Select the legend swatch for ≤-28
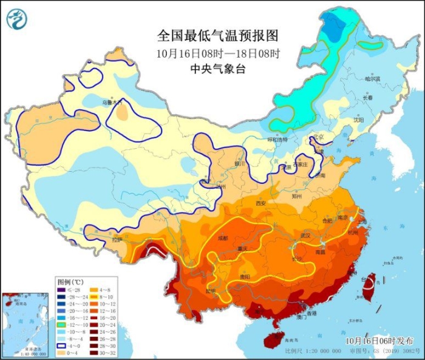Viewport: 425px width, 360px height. click(63, 291)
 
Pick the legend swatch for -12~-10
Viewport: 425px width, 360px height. click(63, 325)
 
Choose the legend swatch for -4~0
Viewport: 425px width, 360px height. click(63, 344)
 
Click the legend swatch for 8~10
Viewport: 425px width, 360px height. click(95, 299)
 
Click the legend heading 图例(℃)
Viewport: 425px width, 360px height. click(70, 282)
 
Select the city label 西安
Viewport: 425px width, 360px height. click(260, 203)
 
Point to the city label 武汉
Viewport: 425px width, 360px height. click(305, 235)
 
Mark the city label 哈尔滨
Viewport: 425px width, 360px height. click(372, 79)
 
